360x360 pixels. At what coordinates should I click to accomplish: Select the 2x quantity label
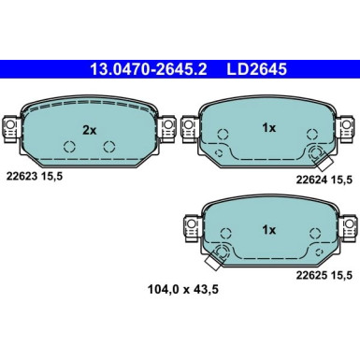[x=90, y=131]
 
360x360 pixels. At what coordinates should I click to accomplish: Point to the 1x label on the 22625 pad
[x=268, y=229]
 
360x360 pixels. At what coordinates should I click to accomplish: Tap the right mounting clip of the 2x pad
[x=168, y=124]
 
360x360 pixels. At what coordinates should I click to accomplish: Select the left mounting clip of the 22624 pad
[x=190, y=124]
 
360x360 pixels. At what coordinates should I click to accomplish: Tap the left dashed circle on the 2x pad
[x=69, y=147]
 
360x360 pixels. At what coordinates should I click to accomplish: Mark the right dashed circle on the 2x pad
[x=109, y=147]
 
